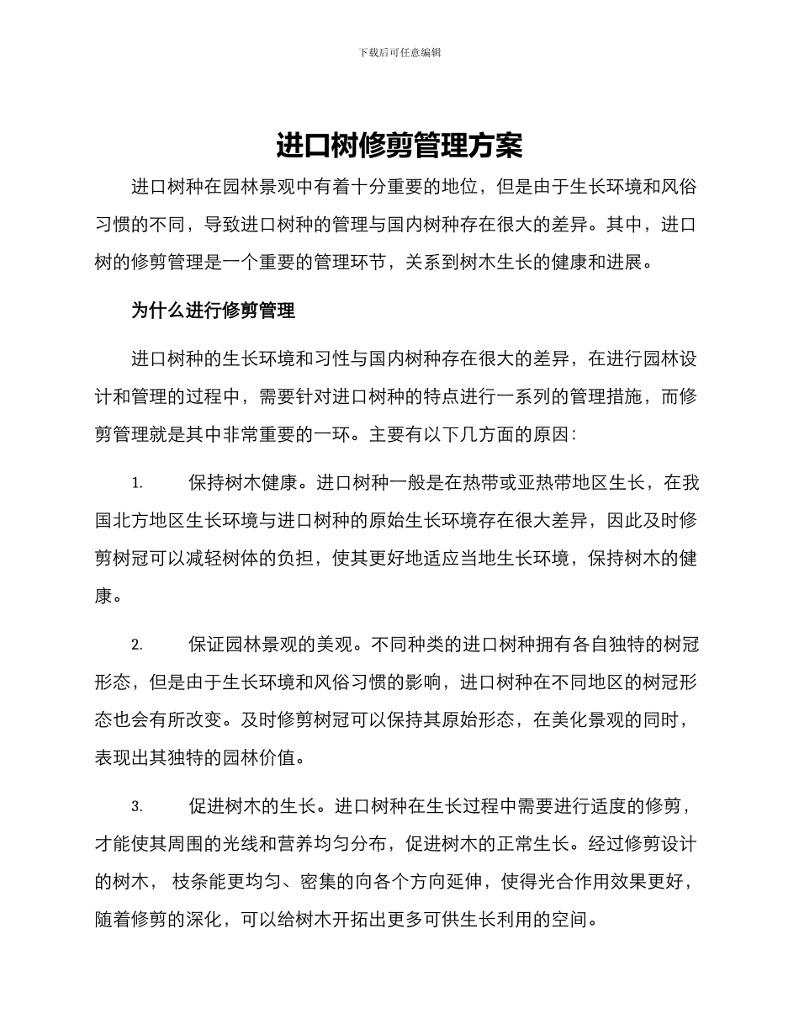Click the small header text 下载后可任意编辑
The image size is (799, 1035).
pos(399,52)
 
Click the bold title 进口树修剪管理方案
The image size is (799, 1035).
pos(399,146)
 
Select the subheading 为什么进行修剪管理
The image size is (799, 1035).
pos(213,310)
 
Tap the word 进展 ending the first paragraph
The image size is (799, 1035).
pos(623,262)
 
